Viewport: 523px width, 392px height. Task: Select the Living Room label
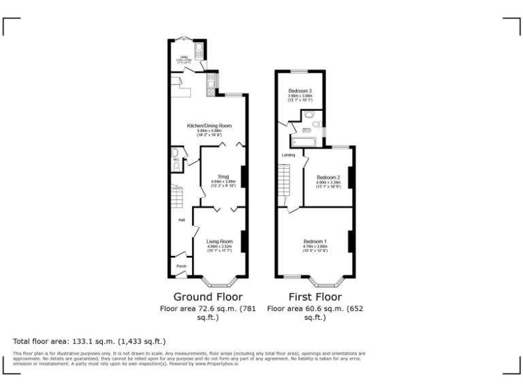219,241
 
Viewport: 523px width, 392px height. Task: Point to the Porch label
181,266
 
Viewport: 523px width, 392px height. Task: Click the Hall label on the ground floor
182,220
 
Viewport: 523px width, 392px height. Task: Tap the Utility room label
183,58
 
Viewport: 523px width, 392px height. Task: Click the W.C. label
175,161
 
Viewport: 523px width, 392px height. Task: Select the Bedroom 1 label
315,242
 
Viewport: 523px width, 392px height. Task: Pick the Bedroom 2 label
328,178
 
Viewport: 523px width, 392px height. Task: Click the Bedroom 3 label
300,91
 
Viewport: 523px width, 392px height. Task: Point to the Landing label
288,155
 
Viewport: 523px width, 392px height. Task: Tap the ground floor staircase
176,198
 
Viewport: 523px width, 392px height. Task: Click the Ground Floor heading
208,297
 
